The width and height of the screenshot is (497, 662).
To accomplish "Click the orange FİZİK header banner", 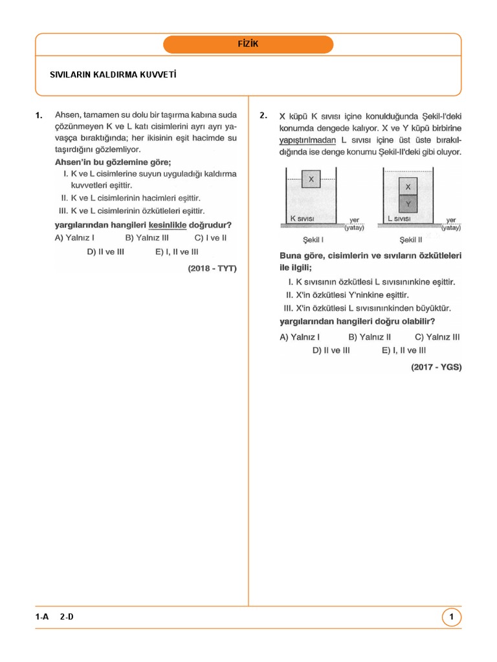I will point(248,44).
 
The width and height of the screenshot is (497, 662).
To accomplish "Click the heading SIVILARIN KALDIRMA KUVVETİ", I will point(113,74).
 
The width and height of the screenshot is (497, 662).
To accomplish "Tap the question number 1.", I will point(39,116).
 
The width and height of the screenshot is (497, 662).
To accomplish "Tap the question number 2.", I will point(263,116).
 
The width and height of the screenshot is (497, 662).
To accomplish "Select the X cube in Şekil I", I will point(311,179).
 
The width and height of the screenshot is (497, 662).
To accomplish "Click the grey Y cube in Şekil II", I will point(408,204).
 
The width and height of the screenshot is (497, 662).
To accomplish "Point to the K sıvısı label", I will point(302,219).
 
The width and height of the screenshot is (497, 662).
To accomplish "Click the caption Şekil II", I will point(411,239).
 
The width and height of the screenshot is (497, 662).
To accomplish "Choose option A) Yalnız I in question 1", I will point(75,237).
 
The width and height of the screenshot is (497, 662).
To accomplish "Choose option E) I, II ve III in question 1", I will point(177,251).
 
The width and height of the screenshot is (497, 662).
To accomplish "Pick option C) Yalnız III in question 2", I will point(437,336).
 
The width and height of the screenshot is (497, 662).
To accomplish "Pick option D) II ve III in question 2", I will point(331,350).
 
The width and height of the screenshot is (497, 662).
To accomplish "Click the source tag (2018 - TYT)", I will point(212,268).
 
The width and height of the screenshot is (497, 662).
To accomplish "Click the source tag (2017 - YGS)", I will point(436,367).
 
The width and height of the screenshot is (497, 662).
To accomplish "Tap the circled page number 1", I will point(452,617).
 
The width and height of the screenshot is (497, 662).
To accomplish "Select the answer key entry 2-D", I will point(67,617).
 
